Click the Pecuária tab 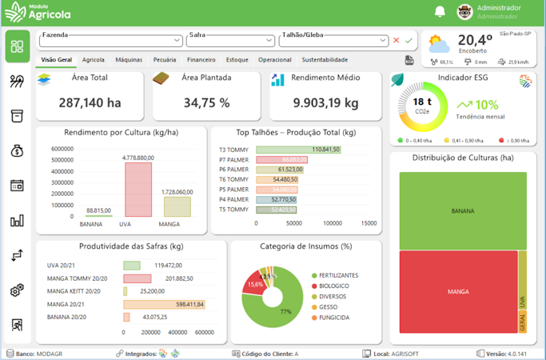[x=165, y=60]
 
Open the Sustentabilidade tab [x=325, y=60]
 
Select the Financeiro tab [x=201, y=60]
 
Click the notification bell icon [x=440, y=11]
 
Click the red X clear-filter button [x=396, y=40]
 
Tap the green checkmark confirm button [x=409, y=40]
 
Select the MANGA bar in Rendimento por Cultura [x=177, y=206]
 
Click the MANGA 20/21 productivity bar [x=164, y=304]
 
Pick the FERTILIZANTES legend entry [x=337, y=275]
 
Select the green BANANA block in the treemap [x=462, y=211]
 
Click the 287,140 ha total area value [x=90, y=102]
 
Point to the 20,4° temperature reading [x=475, y=40]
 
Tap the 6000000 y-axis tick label [x=62, y=149]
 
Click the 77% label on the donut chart [x=285, y=311]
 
